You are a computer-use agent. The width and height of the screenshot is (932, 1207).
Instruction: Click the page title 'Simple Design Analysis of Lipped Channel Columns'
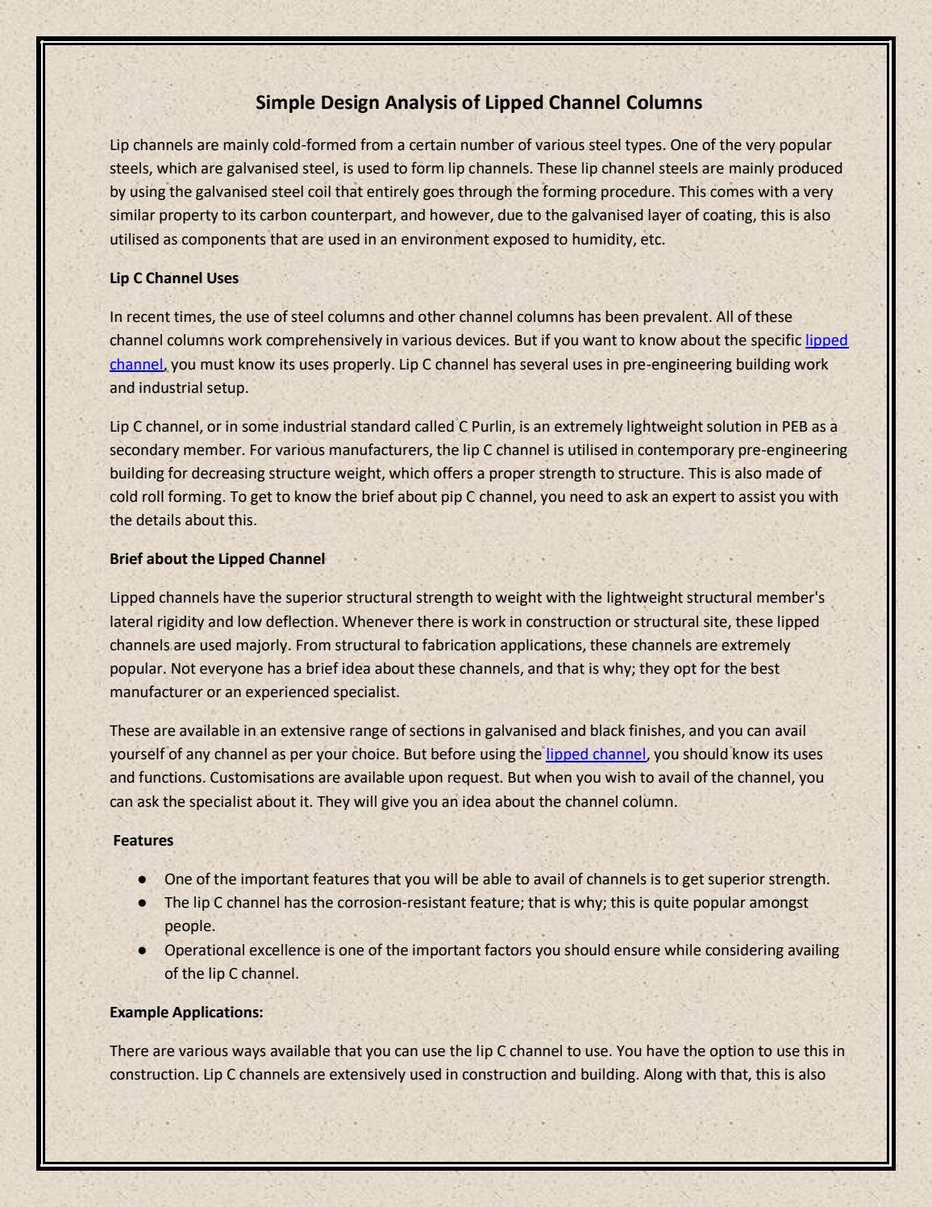[479, 103]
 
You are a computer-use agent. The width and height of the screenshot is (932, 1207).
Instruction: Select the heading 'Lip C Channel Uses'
[174, 278]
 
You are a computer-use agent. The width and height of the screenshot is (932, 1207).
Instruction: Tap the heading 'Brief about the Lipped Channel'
[217, 559]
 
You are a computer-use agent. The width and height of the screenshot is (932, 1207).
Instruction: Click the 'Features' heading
[144, 841]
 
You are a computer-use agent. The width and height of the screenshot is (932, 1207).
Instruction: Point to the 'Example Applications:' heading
[186, 1013]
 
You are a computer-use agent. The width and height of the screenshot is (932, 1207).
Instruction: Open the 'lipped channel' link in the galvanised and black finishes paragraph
[596, 754]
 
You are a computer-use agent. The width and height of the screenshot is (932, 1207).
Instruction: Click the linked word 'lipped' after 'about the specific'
[826, 340]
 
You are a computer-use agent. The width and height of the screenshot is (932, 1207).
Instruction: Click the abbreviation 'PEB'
[795, 427]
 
